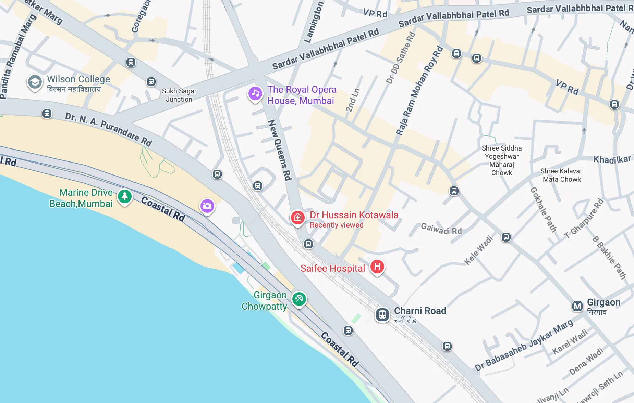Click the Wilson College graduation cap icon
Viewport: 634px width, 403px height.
point(35,82)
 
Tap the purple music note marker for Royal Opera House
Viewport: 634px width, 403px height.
point(255,93)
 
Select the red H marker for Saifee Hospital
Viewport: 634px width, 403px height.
point(377,266)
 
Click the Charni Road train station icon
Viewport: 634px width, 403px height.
point(382,314)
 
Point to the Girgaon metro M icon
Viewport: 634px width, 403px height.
point(577,306)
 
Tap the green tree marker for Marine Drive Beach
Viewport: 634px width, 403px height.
point(125,196)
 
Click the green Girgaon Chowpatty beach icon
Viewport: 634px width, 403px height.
point(299,299)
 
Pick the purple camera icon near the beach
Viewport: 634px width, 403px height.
point(207,206)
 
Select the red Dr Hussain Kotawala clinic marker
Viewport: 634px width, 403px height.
point(297,217)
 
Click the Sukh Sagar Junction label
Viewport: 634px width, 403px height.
point(179,95)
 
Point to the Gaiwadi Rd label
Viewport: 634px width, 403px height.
point(441,229)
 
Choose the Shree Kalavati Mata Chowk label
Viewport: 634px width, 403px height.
point(562,175)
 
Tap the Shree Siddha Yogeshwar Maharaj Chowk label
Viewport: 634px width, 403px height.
point(502,160)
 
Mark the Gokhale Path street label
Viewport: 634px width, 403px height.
point(543,209)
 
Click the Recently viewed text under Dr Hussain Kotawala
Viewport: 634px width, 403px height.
point(337,225)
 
